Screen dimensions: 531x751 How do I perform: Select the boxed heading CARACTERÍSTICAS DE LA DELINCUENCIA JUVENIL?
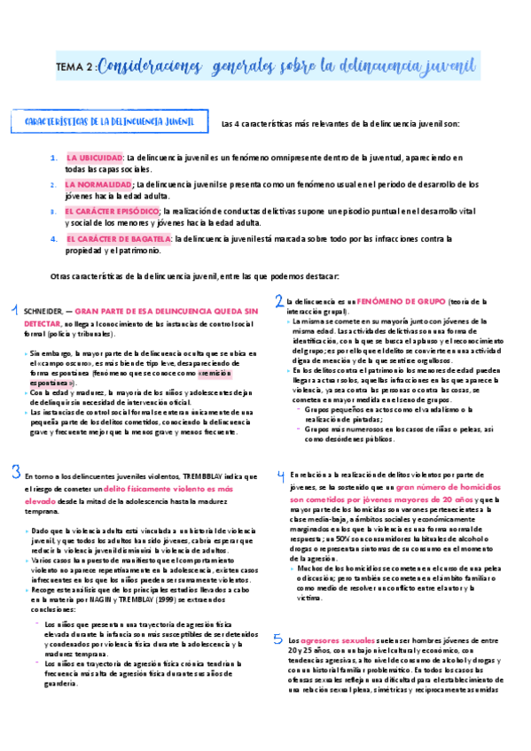(111, 120)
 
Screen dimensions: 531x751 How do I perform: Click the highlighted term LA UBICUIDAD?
(95, 157)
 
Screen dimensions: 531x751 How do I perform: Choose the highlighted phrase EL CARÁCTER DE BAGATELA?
(119, 238)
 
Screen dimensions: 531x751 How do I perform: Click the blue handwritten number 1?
(14, 310)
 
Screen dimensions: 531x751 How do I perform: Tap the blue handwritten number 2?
(278, 301)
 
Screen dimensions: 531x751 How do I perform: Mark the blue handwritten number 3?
(15, 470)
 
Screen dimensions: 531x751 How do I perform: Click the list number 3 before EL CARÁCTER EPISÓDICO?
(54, 212)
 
